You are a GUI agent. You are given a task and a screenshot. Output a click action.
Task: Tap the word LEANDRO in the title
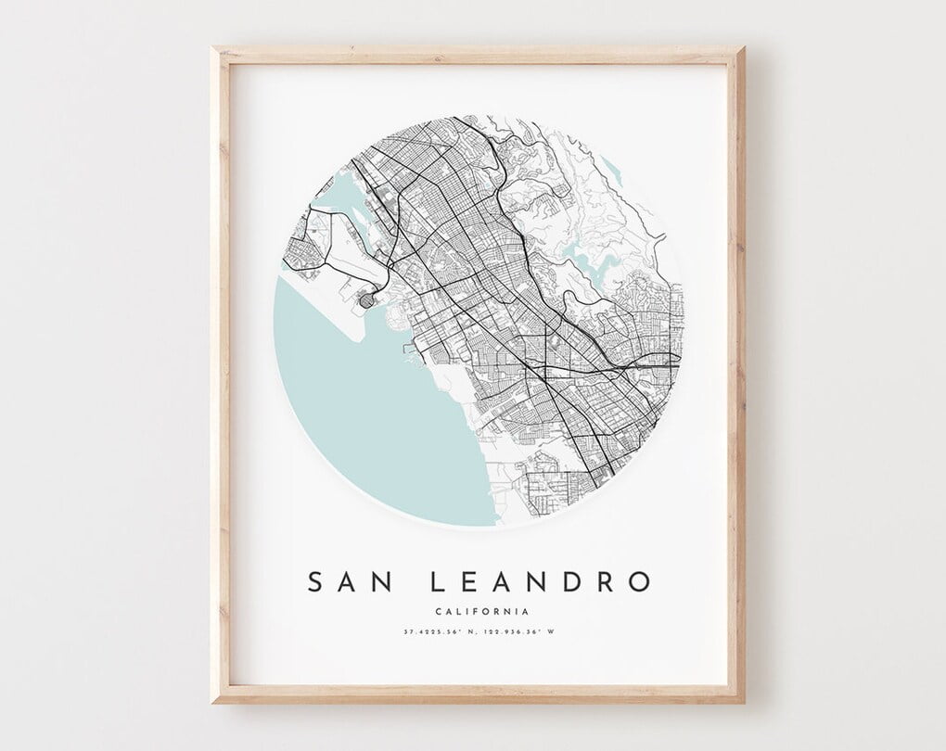click(x=541, y=582)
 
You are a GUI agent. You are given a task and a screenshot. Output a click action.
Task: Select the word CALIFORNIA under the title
click(x=481, y=611)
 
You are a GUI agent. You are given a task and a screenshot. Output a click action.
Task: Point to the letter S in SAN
click(x=315, y=582)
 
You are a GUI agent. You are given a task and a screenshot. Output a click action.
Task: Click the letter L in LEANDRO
click(x=437, y=582)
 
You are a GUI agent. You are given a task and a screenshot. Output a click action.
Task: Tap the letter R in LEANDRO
click(x=605, y=582)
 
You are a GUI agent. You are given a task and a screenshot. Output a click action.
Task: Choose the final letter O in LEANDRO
click(x=639, y=582)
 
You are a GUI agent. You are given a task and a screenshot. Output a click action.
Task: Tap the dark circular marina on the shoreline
click(x=367, y=301)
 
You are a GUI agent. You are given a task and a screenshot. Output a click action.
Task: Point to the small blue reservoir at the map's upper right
click(x=610, y=168)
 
